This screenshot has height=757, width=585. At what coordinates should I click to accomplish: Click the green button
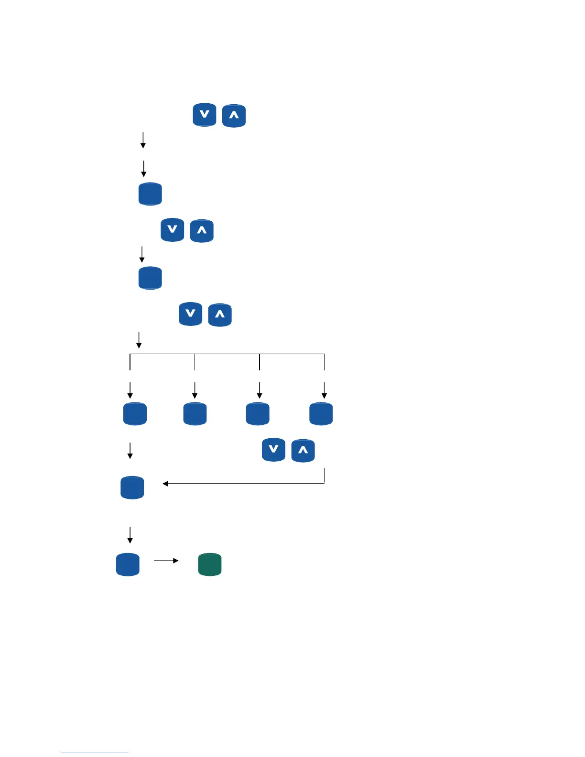(210, 564)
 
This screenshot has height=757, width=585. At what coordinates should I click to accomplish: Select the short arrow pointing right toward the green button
(166, 561)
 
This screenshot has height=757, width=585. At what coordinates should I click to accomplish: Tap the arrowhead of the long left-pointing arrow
(165, 484)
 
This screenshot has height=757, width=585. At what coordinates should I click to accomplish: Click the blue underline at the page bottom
(95, 753)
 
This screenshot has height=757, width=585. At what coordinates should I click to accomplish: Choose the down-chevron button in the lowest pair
(273, 450)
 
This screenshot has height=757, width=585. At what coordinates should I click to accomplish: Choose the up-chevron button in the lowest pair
(303, 450)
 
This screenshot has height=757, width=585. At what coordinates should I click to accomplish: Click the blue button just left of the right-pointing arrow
(128, 564)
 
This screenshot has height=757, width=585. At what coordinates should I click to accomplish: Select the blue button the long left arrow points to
(132, 487)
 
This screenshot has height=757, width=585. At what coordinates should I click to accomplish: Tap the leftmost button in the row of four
(135, 414)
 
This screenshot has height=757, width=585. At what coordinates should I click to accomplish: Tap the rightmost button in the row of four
(321, 414)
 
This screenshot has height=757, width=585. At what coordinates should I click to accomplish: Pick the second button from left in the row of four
(195, 414)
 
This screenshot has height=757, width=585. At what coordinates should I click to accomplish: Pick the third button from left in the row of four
(258, 414)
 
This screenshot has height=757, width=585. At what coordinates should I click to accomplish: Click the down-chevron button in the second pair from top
(173, 230)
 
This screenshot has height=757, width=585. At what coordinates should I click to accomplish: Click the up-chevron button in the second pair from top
(202, 231)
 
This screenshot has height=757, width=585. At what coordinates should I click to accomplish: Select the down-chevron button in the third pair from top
(190, 314)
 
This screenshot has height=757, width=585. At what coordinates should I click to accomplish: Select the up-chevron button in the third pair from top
(220, 315)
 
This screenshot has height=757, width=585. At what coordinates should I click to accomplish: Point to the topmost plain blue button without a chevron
(150, 194)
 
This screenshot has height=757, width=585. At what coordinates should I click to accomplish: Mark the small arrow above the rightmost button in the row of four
(324, 390)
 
